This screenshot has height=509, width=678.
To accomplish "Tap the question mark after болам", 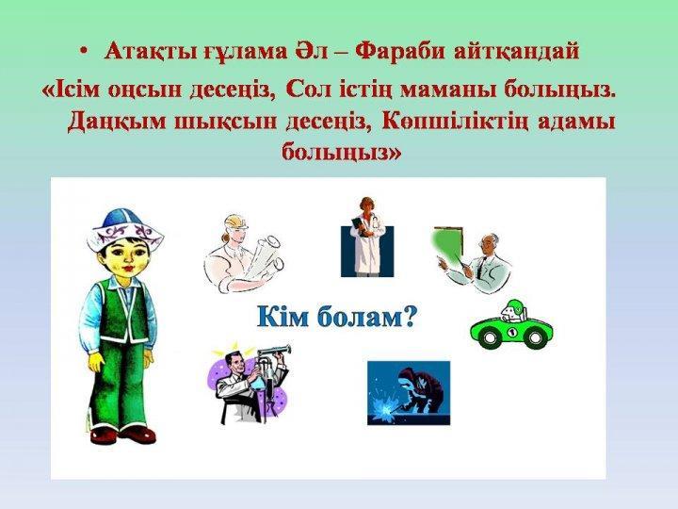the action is [x=408, y=318].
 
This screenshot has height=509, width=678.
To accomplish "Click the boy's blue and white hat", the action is [x=124, y=231].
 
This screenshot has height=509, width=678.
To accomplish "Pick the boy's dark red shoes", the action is [x=123, y=434].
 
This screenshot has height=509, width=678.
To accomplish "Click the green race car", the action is [x=511, y=325].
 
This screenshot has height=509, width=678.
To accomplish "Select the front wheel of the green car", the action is [x=490, y=337].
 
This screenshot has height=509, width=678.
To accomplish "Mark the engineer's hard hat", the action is [x=236, y=222].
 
